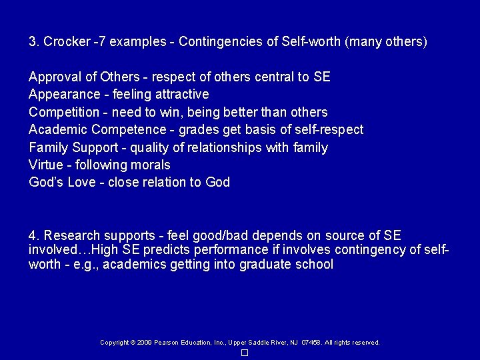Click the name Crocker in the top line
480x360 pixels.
66,42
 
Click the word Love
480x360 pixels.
81,182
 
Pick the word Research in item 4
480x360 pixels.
71,235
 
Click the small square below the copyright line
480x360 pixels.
244,352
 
